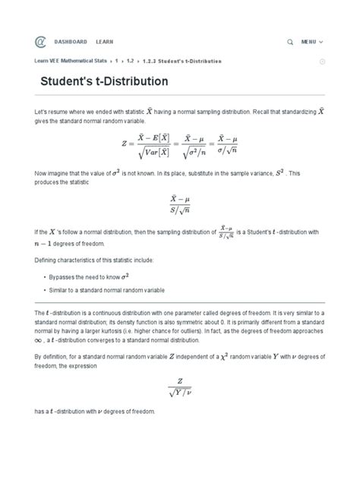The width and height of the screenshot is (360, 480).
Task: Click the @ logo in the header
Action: point(40,41)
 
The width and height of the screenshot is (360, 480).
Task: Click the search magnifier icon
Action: point(290,41)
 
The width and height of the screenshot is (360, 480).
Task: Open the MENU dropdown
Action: point(312,41)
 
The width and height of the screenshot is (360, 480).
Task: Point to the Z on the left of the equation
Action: point(125,142)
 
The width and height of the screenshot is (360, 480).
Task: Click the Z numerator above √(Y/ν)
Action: point(180,382)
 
